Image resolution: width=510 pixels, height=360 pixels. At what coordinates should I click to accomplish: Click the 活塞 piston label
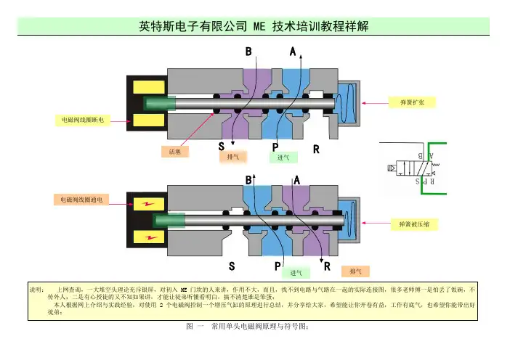click(174, 152)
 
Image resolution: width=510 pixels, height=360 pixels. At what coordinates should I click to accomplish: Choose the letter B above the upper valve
click(248, 52)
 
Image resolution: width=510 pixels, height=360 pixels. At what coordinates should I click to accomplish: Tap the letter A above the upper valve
click(293, 52)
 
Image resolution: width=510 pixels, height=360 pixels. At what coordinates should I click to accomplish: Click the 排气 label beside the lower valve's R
click(356, 271)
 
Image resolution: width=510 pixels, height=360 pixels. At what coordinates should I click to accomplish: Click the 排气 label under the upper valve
click(233, 156)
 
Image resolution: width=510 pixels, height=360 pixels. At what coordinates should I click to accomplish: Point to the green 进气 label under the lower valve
click(295, 273)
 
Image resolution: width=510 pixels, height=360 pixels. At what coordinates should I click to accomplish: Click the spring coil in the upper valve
click(352, 99)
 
